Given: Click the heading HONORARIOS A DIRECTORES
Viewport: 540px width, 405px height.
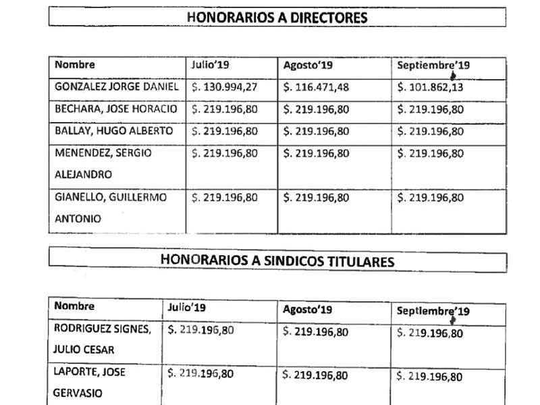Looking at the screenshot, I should (277, 17).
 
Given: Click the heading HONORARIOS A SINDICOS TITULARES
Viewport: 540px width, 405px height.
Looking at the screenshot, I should (277, 261).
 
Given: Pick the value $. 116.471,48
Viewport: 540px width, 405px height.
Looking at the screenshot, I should (316, 87).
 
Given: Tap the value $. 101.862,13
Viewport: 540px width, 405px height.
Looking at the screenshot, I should (431, 87).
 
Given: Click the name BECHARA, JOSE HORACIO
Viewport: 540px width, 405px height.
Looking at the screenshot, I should (116, 109).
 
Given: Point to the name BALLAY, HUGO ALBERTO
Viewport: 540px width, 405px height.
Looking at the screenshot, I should (114, 131).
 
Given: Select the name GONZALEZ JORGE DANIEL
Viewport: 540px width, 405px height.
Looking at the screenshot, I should (116, 87).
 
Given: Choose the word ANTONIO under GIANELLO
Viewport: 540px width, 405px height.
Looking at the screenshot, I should (78, 219).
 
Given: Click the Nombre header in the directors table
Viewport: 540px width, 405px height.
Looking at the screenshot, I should (75, 65).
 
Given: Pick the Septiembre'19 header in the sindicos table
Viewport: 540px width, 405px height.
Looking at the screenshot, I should (433, 311).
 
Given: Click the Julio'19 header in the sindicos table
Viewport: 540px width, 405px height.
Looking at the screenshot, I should (187, 308).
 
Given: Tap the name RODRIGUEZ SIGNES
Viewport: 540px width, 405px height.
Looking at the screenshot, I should (102, 329).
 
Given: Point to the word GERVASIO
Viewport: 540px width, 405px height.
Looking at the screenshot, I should (78, 393).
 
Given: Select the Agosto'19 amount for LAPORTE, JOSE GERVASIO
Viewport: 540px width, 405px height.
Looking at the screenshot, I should (316, 375).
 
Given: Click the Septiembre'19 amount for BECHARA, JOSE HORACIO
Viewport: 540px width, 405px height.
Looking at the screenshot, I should (431, 109).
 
